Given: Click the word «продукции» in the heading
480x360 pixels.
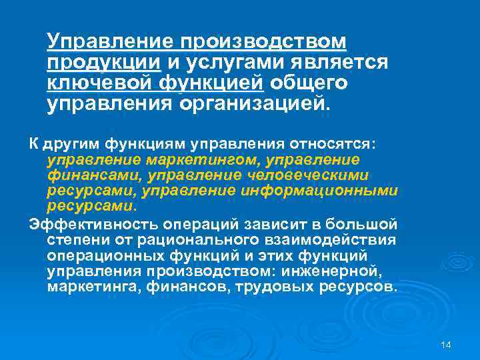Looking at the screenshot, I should (103, 63).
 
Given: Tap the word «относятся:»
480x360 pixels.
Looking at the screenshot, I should (338, 143).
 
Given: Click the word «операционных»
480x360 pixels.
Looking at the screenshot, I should (100, 255).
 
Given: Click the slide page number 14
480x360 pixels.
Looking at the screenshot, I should (446, 344).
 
